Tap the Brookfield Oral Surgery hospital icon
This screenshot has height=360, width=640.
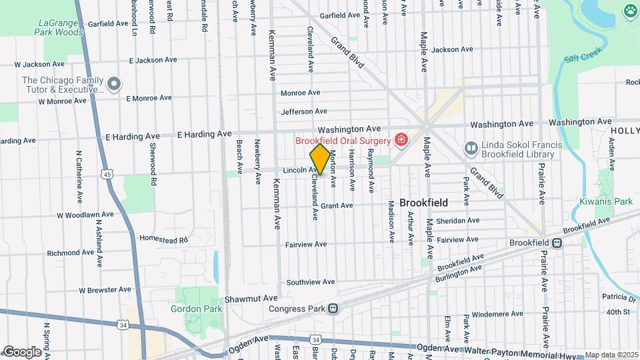[x=401, y=140]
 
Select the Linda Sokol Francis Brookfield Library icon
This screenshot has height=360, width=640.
[x=471, y=147]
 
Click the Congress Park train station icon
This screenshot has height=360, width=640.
[x=332, y=308]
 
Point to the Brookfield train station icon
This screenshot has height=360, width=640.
[x=561, y=243]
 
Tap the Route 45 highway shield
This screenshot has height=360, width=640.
[x=107, y=175]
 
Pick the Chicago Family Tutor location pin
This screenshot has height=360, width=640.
[x=114, y=84]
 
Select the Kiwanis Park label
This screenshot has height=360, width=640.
[x=614, y=201]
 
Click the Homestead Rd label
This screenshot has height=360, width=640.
[x=164, y=238]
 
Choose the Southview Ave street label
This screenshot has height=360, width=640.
[x=310, y=283]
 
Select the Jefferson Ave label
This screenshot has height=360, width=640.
[x=304, y=111]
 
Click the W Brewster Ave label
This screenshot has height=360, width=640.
[x=105, y=290]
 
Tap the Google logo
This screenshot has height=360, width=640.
[x=21, y=351]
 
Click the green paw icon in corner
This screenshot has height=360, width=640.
[x=630, y=10]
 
